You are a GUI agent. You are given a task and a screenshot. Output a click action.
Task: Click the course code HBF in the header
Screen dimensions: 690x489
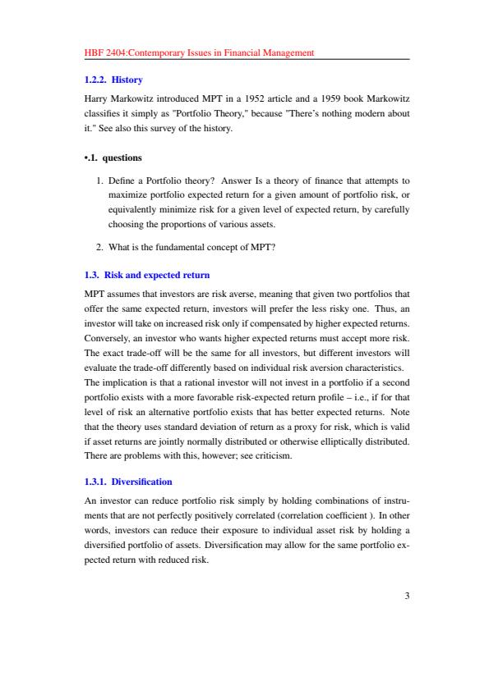pyautogui.click(x=94, y=53)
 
